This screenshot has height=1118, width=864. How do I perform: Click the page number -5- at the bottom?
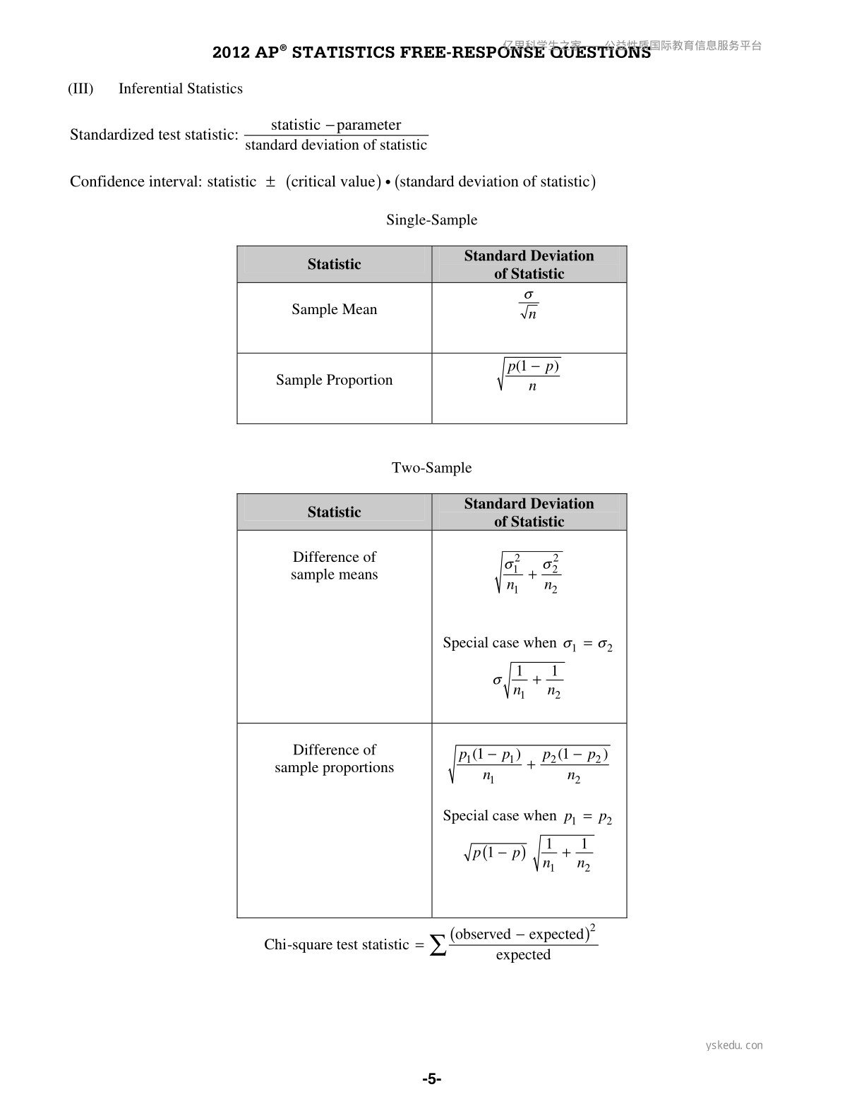click(432, 1079)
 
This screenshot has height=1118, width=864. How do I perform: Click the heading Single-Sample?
click(431, 220)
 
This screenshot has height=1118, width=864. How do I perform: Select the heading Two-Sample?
click(431, 468)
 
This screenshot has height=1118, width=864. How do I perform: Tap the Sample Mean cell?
click(334, 310)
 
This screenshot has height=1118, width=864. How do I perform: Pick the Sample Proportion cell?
click(334, 380)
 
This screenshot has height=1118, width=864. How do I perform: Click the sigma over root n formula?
click(529, 305)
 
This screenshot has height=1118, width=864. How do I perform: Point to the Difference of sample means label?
click(334, 566)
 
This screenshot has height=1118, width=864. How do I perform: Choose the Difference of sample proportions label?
click(334, 759)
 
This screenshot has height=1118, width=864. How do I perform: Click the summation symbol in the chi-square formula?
click(438, 945)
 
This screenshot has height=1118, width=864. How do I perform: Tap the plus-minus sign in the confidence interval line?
click(270, 182)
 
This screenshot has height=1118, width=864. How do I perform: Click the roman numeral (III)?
click(80, 89)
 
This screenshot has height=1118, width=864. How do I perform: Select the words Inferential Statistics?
click(180, 89)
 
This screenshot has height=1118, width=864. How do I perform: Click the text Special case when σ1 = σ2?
click(527, 644)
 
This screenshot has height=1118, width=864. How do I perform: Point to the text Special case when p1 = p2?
click(527, 817)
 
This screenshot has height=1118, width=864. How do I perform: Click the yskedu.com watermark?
click(734, 1045)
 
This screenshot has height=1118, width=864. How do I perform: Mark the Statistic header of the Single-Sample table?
click(334, 265)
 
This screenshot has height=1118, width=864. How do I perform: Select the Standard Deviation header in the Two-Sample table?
click(529, 512)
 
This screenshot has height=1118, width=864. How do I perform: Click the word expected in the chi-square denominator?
click(523, 955)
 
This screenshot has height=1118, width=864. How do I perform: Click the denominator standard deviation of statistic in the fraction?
click(336, 145)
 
